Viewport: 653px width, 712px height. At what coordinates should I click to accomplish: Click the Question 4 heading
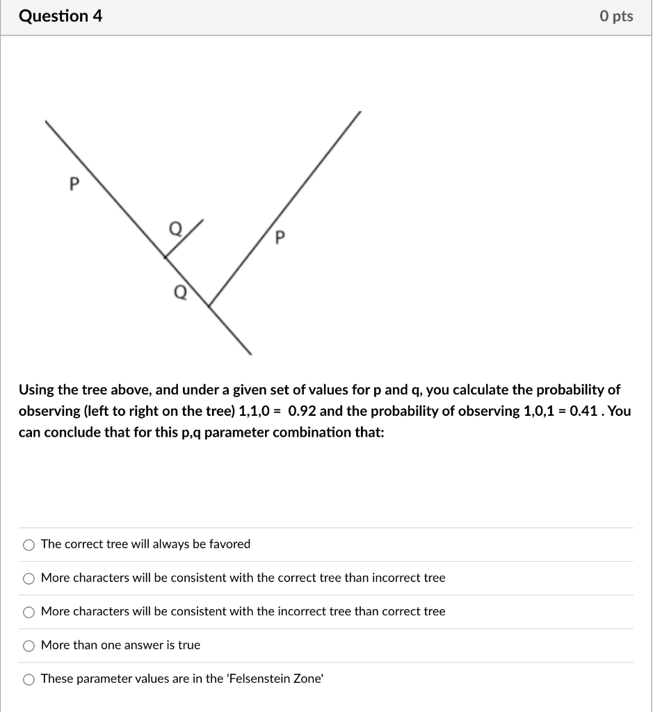61,16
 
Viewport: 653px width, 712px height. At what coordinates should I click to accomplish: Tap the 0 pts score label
616,16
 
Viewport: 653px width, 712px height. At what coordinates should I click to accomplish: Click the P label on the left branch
74,184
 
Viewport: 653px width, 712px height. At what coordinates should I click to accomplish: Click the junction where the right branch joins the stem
209,305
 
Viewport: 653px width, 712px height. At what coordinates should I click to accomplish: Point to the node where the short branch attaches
165,258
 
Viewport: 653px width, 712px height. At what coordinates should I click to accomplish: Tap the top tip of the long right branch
360,112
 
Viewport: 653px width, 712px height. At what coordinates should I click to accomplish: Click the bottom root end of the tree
250,353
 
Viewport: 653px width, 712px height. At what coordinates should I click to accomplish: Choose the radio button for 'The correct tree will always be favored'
29,545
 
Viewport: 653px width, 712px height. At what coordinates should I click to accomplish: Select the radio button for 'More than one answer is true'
29,646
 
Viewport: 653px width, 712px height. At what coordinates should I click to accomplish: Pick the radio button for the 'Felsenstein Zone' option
29,679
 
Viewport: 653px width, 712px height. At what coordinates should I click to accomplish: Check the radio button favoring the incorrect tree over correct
29,613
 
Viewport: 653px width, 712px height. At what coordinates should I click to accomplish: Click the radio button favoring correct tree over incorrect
29,578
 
